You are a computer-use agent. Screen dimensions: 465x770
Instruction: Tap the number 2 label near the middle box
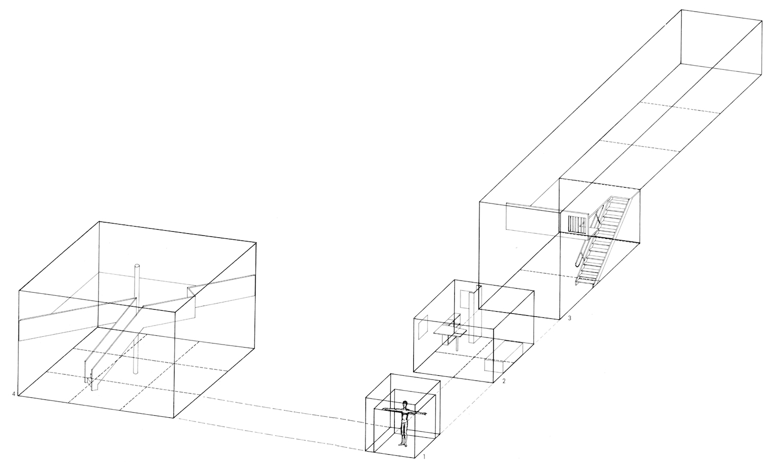click(504, 381)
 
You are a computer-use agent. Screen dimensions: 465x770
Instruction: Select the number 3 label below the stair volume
click(570, 318)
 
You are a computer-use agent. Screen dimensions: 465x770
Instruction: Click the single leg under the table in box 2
click(456, 344)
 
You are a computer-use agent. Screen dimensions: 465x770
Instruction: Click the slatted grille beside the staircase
click(577, 224)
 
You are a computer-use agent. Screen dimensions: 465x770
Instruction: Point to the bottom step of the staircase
click(586, 280)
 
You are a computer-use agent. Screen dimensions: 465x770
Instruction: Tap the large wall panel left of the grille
click(531, 216)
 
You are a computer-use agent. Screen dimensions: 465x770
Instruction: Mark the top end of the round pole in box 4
click(137, 266)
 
